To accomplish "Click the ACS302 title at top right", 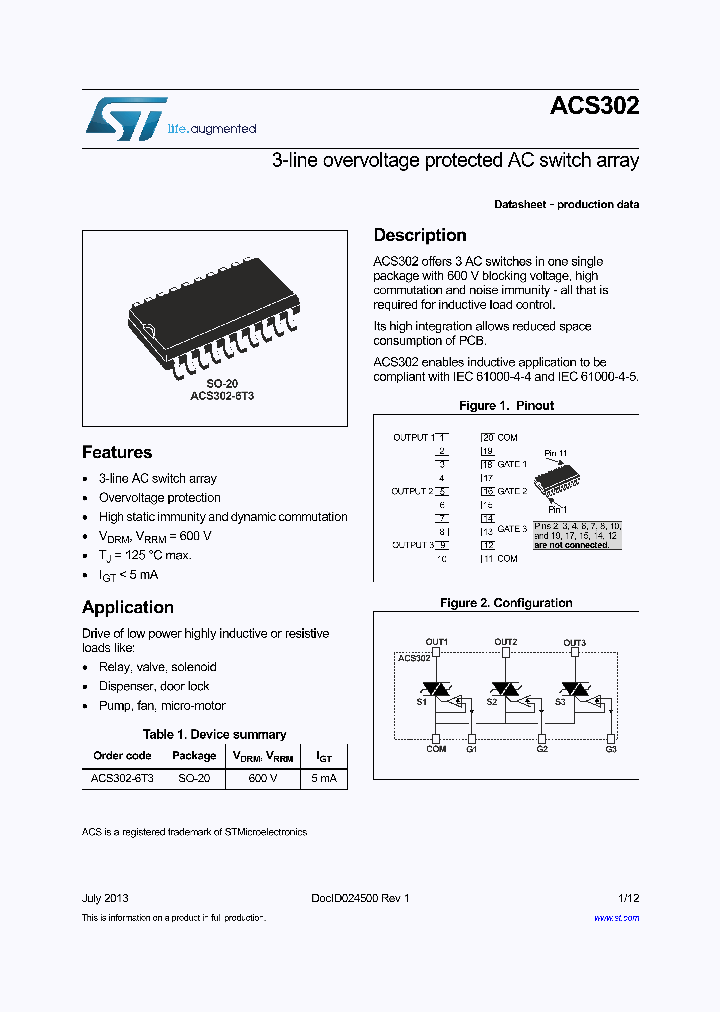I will tap(594, 107).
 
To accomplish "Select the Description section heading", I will tap(420, 235).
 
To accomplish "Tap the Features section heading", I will tap(117, 452).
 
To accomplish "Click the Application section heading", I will tap(128, 607).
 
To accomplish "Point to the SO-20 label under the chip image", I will tap(222, 384).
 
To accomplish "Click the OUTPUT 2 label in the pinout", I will tap(412, 491).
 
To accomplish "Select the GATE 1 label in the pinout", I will tap(512, 465).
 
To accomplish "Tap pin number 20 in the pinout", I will tap(488, 438).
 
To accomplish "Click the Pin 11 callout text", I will tap(555, 453).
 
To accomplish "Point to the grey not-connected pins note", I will tap(578, 535).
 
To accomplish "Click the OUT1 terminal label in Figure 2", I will tap(437, 642).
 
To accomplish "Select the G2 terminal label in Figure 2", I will tap(542, 748).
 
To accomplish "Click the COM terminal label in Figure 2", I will tap(436, 748).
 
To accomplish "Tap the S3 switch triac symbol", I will tap(574, 690).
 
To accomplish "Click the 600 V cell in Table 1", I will tap(263, 778).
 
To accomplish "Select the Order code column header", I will tap(122, 756).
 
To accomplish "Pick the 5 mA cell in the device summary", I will tap(324, 778).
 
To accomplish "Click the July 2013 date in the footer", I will tap(105, 898).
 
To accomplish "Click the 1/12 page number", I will tap(628, 898).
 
